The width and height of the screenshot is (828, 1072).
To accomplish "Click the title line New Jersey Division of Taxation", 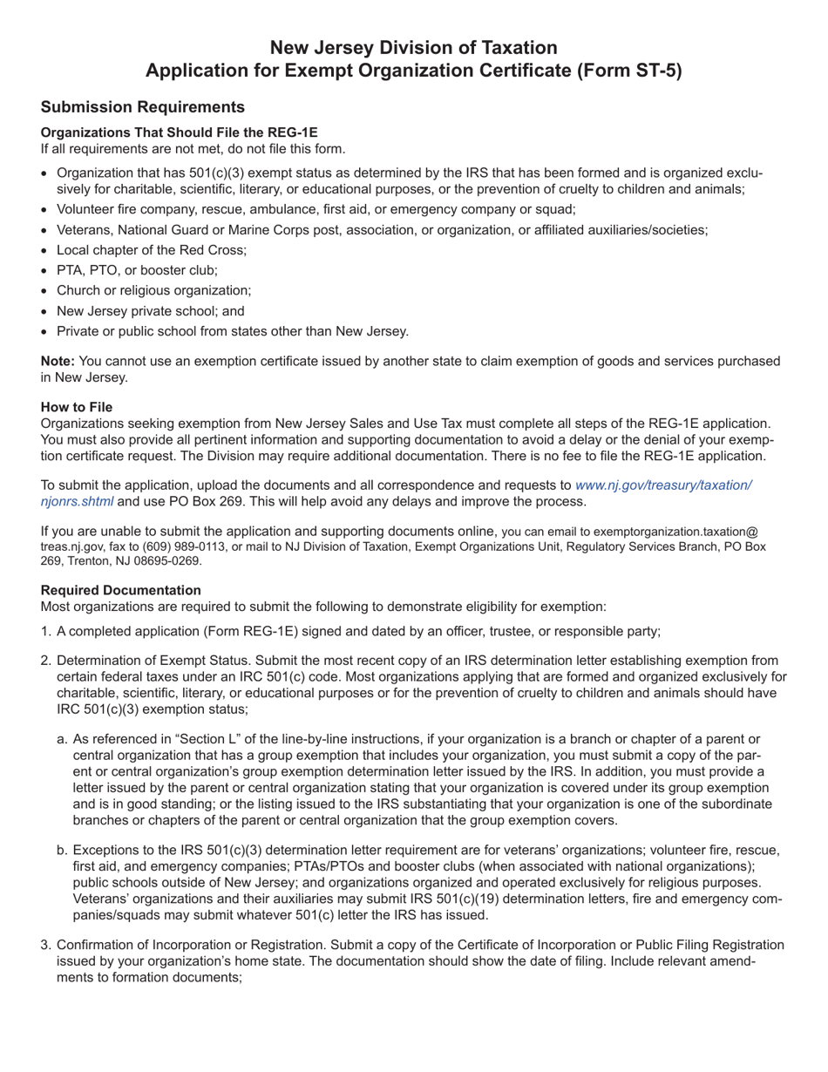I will (413, 47).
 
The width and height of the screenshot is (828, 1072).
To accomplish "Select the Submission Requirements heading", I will (142, 107).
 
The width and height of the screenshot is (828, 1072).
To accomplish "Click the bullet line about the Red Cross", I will (152, 250).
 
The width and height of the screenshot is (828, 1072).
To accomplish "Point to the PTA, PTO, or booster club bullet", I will (137, 270).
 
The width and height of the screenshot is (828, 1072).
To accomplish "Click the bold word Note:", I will (58, 361).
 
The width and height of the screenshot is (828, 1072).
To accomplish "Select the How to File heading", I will (76, 407).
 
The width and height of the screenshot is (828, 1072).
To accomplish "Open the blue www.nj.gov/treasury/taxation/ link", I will (663, 485).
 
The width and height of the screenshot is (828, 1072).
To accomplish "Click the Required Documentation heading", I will (120, 590).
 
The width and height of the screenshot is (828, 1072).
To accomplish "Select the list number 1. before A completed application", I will (46, 632).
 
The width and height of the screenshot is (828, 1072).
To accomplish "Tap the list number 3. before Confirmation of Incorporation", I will (46, 945).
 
